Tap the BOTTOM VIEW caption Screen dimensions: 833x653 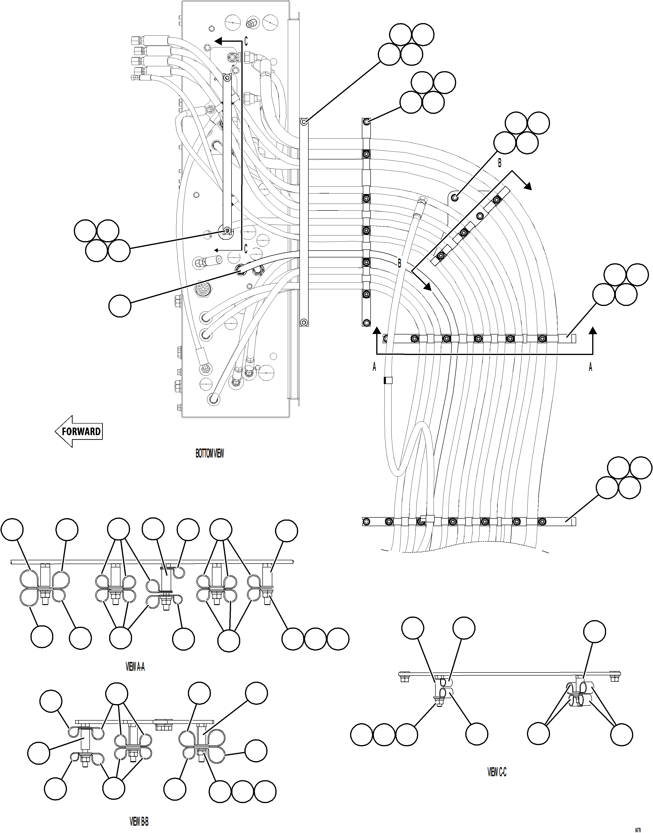pos(210,454)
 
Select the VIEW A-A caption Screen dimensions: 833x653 pos(135,667)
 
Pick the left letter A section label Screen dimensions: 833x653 pos(374,367)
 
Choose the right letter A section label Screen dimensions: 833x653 pos(590,367)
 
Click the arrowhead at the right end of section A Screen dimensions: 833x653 pos(593,331)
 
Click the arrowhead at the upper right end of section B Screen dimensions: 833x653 pos(528,186)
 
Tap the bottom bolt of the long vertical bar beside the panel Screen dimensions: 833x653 pos(304,322)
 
